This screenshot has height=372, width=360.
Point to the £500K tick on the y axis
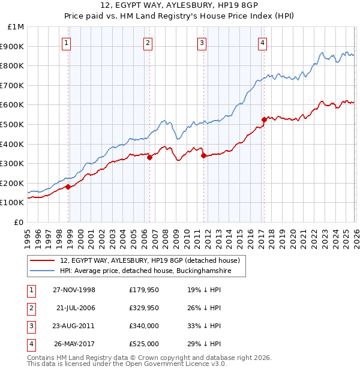(12, 124)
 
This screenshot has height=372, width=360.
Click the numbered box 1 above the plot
(66, 43)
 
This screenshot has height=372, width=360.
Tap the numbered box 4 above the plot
(263, 43)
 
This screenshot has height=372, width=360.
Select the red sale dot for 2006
(149, 158)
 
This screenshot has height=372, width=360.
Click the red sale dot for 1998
(68, 187)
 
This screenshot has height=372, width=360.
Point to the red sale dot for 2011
(203, 155)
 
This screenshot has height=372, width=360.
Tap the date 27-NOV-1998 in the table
(74, 290)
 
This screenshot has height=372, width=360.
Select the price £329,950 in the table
(144, 308)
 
